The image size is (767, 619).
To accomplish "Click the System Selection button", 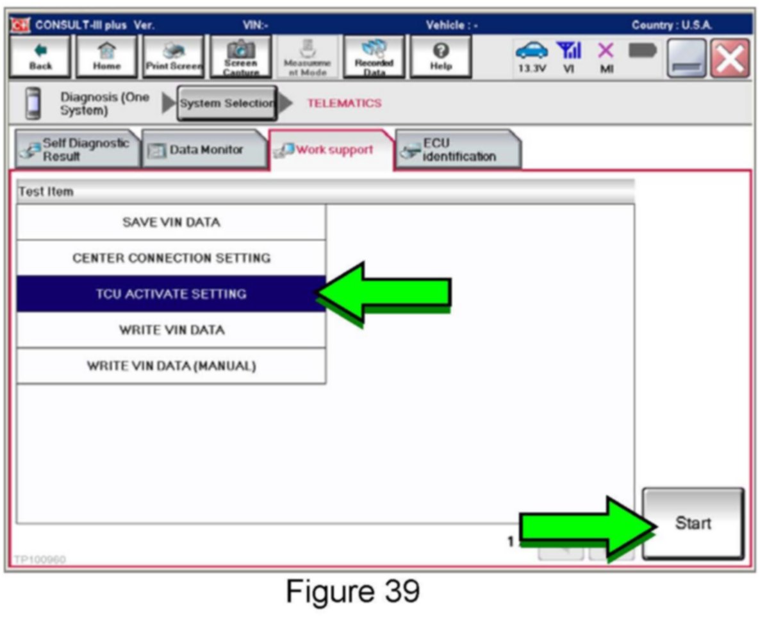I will pos(227,103).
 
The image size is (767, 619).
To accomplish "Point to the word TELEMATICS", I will pos(344,103).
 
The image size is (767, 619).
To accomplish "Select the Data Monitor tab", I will pos(204,150).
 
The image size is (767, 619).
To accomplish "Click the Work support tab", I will pos(331,150).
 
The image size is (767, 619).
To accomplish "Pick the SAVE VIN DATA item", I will pos(171,223).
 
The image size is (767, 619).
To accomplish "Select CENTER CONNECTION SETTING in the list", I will pos(171,258).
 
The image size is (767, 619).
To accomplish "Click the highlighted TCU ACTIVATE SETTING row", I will pos(171,294).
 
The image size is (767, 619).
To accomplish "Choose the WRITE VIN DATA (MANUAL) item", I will pos(171,366).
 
